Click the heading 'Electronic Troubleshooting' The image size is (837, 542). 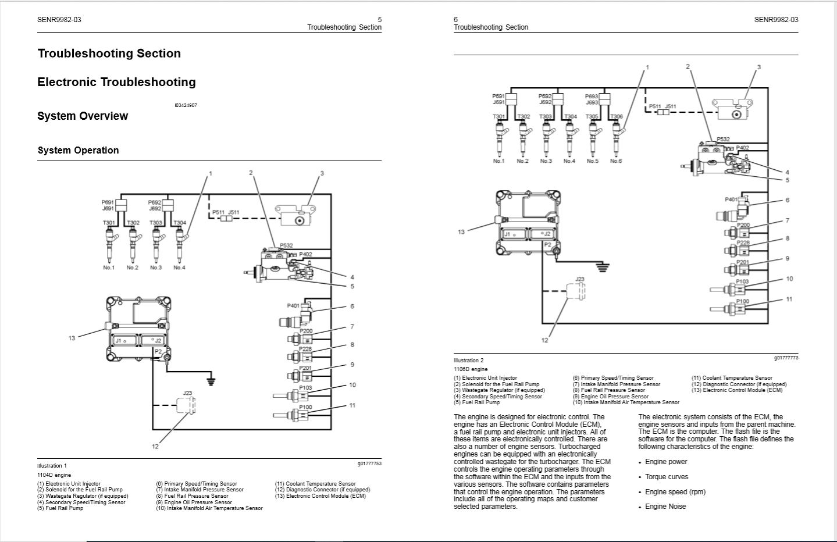click(116, 82)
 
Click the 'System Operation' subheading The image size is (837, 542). click(78, 150)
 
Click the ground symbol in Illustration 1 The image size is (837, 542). click(211, 381)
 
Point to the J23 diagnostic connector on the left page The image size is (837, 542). click(186, 405)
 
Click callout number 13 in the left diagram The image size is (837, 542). click(72, 338)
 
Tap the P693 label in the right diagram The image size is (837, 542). click(592, 96)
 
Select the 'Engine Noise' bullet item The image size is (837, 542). click(665, 507)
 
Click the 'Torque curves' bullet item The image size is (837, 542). click(666, 477)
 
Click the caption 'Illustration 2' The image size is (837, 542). click(468, 361)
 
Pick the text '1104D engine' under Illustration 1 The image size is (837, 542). click(54, 475)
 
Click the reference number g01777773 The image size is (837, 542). click(786, 358)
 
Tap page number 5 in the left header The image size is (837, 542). click(379, 19)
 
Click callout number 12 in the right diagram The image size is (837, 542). click(544, 340)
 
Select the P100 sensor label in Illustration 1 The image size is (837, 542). click(305, 407)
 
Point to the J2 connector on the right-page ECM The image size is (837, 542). click(546, 234)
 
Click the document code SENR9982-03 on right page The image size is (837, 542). click(776, 19)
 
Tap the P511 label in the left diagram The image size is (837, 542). click(218, 213)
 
